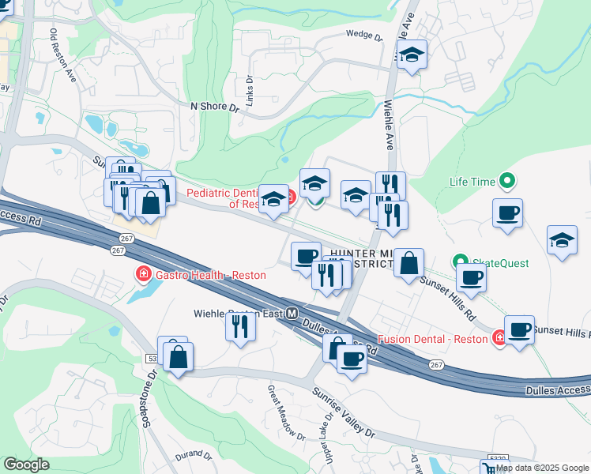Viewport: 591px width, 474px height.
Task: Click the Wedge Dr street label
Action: coord(363,35)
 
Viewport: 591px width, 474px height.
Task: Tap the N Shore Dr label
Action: coord(214,106)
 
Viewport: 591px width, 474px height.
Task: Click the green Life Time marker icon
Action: coord(507,182)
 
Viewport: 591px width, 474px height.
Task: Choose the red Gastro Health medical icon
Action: coord(144,275)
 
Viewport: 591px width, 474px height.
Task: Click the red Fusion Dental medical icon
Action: coord(499,338)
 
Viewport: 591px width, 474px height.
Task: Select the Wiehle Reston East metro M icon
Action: coord(292,314)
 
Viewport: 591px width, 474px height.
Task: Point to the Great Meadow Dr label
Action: coord(285,413)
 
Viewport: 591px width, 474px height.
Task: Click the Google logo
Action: coord(27,465)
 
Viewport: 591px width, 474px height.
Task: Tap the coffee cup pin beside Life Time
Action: coord(507,213)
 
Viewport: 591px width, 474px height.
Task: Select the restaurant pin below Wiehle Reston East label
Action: coord(240,325)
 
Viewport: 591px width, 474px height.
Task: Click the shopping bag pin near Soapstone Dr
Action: coord(179,356)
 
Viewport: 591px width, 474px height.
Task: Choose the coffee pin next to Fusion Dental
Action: coord(520,329)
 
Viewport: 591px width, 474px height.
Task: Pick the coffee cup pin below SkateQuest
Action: coord(471,277)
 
